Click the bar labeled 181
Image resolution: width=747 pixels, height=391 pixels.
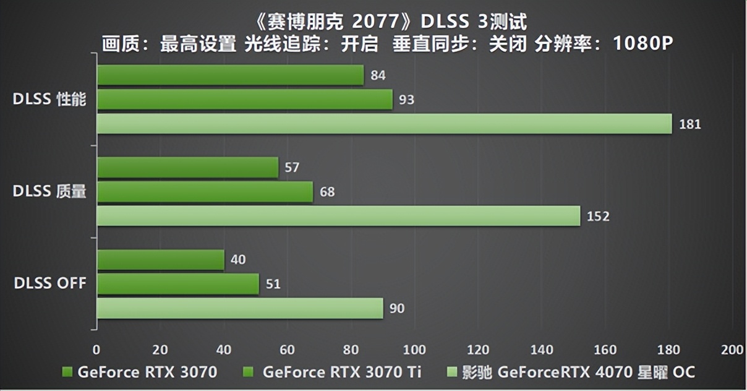click(384, 124)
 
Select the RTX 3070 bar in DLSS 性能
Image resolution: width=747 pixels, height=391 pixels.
click(230, 75)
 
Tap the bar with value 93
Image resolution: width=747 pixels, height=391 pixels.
click(244, 100)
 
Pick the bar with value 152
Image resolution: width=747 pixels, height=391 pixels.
click(338, 216)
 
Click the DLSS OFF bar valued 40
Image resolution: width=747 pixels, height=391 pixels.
click(160, 260)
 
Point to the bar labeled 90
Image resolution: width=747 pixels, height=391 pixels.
click(240, 308)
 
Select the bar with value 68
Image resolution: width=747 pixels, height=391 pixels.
click(205, 192)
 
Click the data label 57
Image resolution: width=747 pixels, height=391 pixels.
click(292, 168)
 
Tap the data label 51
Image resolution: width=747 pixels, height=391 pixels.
click(273, 284)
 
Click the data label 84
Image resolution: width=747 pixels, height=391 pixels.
click(378, 75)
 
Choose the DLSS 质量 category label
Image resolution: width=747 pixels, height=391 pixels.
click(49, 192)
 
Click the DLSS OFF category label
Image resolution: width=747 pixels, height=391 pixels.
click(49, 284)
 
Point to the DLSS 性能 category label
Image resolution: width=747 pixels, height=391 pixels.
click(49, 100)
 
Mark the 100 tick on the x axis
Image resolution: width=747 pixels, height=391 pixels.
click(414, 350)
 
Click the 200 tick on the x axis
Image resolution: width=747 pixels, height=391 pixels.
click(732, 350)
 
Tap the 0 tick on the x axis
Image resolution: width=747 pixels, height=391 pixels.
click(96, 350)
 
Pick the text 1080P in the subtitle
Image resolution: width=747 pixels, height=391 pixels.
click(643, 45)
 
